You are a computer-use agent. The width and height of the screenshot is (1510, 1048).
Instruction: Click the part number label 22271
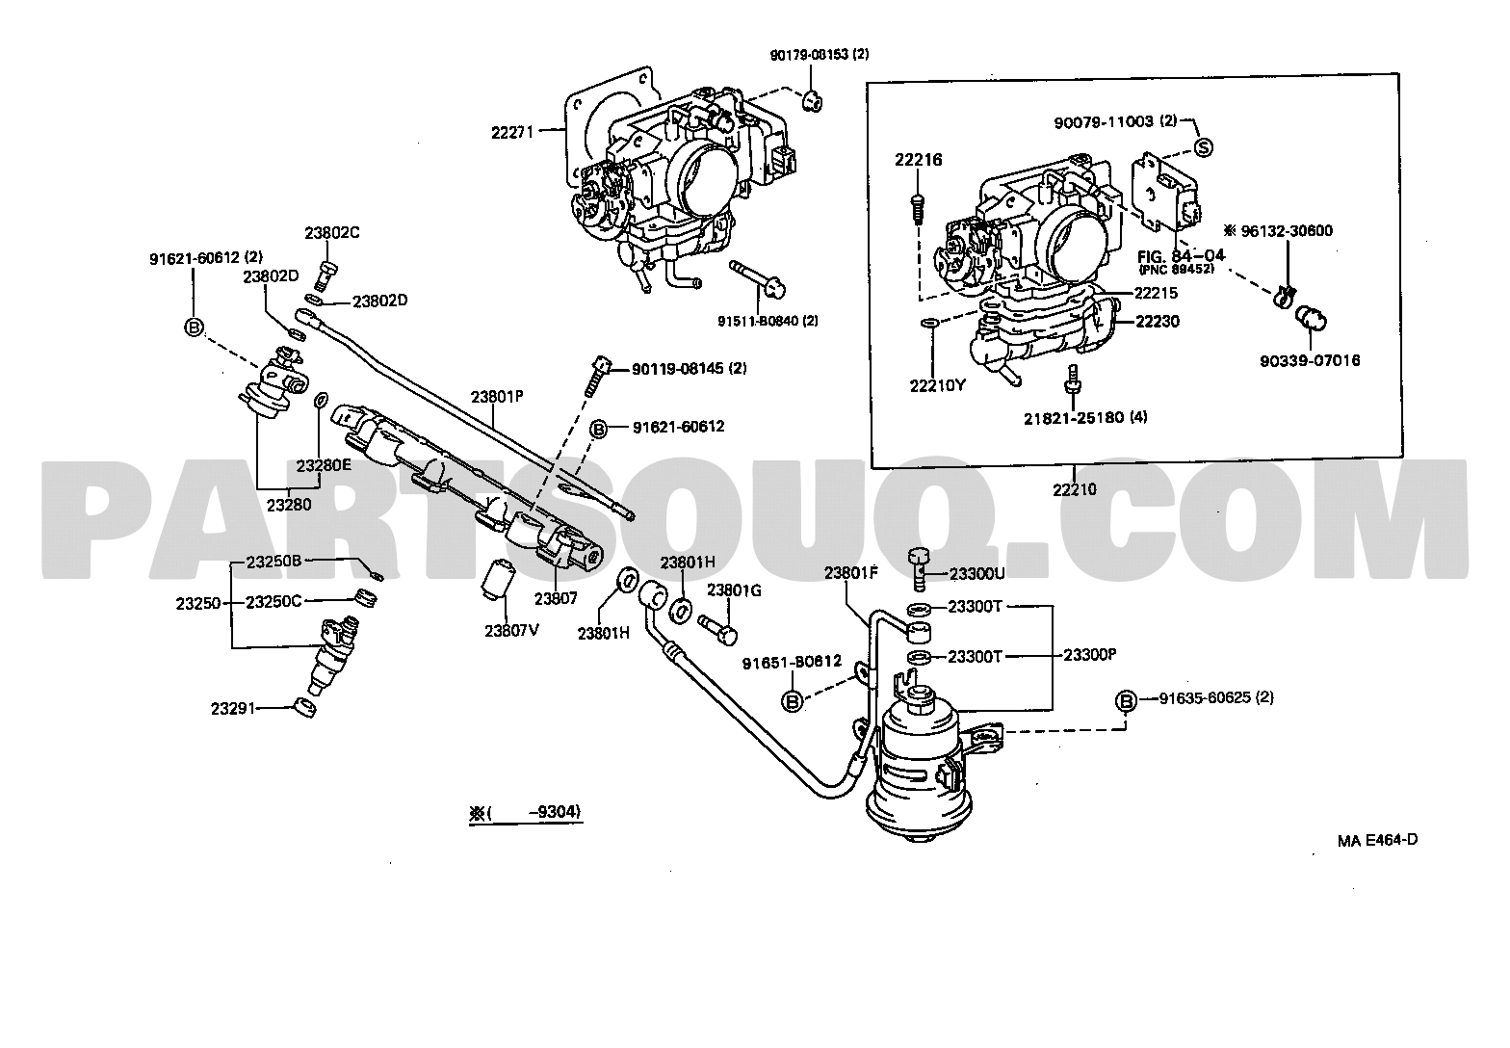pyautogui.click(x=511, y=134)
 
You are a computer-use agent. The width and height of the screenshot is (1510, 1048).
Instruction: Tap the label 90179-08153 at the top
pyautogui.click(x=819, y=55)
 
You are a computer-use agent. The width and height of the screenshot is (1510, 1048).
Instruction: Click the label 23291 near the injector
pyautogui.click(x=232, y=708)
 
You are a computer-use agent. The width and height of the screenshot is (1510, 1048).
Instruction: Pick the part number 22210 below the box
pyautogui.click(x=1074, y=489)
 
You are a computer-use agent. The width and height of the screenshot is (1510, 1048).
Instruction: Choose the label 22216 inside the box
pyautogui.click(x=917, y=160)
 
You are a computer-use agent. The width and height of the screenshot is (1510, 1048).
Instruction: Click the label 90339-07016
pyautogui.click(x=1310, y=361)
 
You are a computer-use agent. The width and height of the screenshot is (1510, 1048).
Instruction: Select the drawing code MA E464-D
pyautogui.click(x=1377, y=839)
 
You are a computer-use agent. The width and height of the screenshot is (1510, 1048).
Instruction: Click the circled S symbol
pyautogui.click(x=1202, y=148)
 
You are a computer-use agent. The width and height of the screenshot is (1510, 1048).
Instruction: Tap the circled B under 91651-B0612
pyautogui.click(x=792, y=701)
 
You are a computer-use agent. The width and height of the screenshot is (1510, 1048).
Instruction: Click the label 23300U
pyautogui.click(x=976, y=573)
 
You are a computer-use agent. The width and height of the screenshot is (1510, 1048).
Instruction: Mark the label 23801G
pyautogui.click(x=734, y=590)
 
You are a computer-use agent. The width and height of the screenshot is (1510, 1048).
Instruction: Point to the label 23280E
pyautogui.click(x=324, y=465)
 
